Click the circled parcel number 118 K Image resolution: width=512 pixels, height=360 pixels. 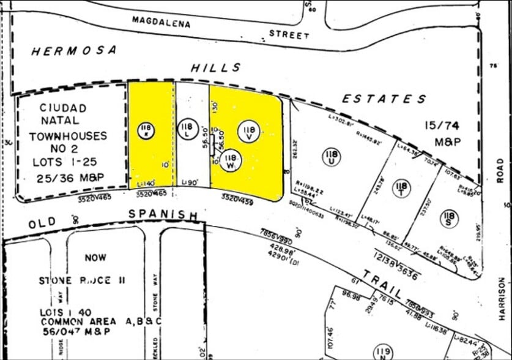(146, 130)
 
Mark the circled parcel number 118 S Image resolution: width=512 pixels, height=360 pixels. (450, 216)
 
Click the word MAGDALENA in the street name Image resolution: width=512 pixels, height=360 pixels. (161, 23)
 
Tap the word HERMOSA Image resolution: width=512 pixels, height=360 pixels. (73, 51)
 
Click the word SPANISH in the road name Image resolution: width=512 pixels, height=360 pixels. (163, 215)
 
